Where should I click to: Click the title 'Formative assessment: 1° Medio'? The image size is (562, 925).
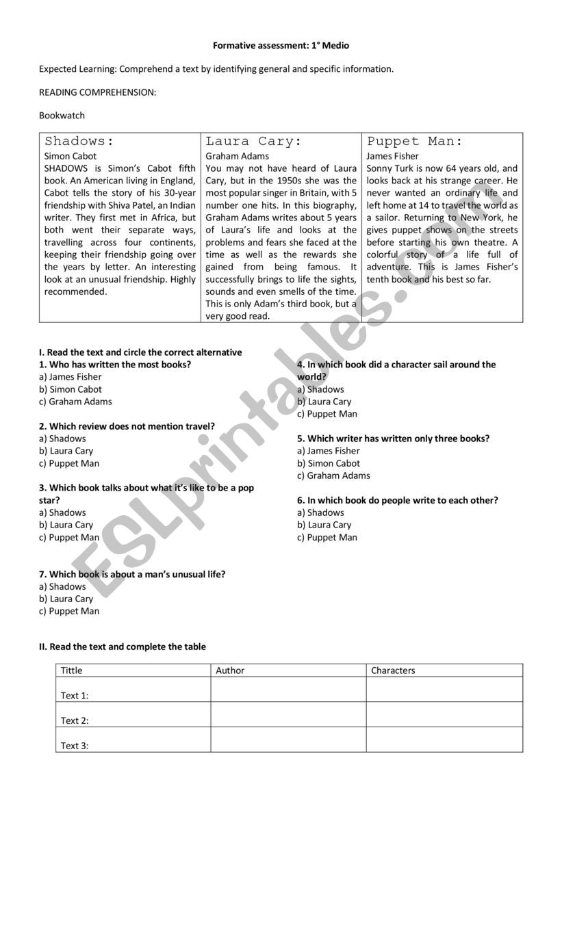click(x=281, y=46)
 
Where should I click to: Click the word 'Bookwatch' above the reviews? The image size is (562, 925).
click(x=62, y=116)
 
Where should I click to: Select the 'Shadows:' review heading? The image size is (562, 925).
click(x=79, y=142)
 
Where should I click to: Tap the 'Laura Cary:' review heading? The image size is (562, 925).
click(x=253, y=142)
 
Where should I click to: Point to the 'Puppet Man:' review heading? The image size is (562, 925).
click(x=415, y=142)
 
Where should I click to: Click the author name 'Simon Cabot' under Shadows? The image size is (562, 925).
click(x=71, y=156)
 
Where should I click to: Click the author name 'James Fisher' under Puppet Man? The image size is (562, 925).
click(x=392, y=156)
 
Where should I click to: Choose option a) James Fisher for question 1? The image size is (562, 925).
click(x=70, y=377)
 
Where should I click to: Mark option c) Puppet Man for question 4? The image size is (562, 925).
click(x=327, y=414)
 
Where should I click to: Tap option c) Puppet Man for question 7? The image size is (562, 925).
click(x=69, y=611)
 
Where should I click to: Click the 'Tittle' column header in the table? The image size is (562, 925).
click(x=71, y=670)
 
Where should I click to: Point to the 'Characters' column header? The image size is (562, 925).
click(x=393, y=670)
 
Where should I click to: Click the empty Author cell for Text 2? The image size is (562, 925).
click(x=288, y=714)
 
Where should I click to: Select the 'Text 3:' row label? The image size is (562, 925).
click(x=75, y=746)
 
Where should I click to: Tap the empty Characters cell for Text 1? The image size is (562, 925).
click(x=444, y=690)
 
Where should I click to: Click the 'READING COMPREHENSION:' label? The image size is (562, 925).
click(x=97, y=92)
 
